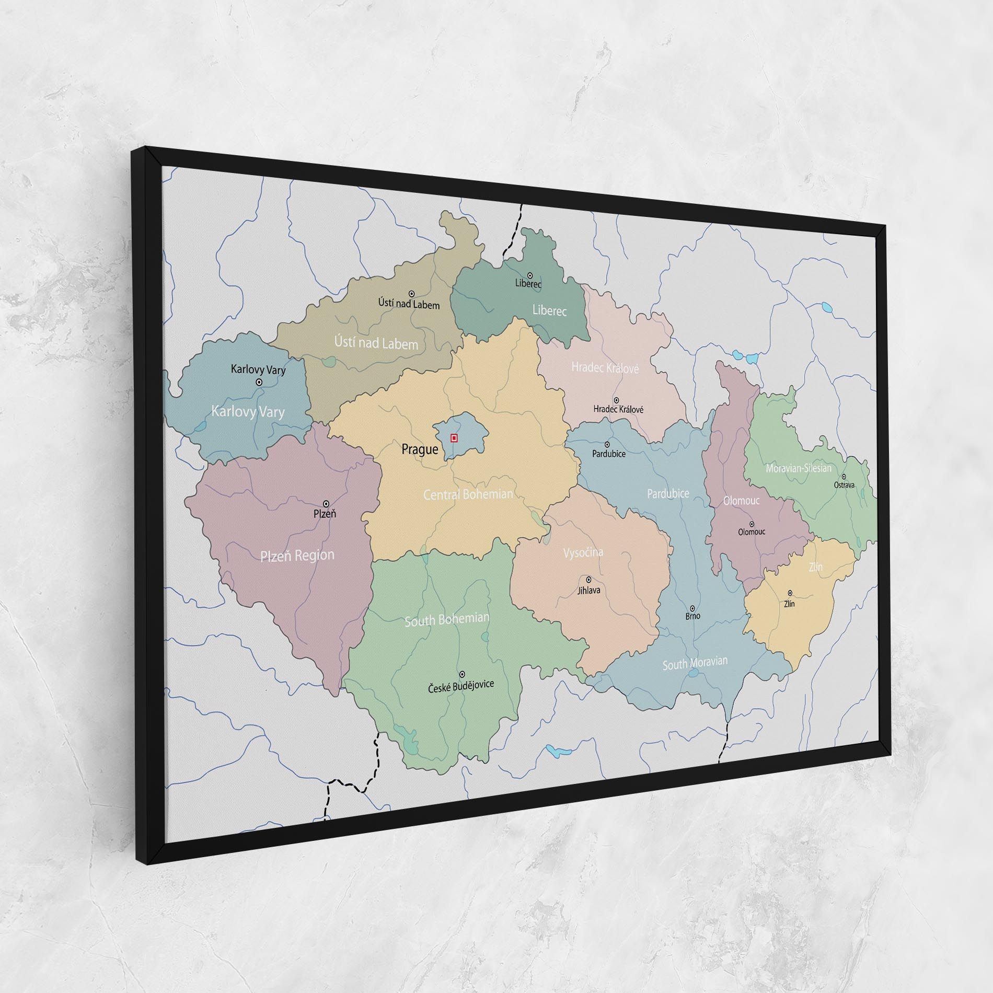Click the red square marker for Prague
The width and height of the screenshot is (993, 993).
tap(454, 438)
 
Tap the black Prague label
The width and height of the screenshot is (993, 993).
tap(420, 449)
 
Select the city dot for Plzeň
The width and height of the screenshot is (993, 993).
tap(326, 504)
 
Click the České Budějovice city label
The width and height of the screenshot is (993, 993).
tap(460, 685)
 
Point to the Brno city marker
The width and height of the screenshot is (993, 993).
tap(692, 608)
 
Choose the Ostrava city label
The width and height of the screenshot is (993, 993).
tap(844, 484)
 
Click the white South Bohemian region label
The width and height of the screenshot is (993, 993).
tap(447, 620)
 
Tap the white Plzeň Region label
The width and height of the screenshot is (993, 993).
tap(297, 556)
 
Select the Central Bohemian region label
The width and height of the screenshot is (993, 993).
tap(468, 494)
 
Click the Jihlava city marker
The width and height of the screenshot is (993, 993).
tap(588, 580)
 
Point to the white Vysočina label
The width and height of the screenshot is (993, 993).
tap(583, 552)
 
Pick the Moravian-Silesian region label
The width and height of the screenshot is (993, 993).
tap(798, 468)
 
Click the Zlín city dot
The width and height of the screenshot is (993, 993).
tap(790, 593)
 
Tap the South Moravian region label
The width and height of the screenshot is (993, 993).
tap(695, 663)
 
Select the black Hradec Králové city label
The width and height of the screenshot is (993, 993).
tap(618, 409)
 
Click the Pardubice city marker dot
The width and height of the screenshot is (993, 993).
tap(607, 445)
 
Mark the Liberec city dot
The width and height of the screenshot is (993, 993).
tap(530, 275)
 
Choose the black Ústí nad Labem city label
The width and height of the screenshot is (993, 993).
tap(409, 304)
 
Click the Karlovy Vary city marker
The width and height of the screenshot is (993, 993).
tap(259, 382)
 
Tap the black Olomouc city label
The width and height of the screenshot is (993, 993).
tap(752, 532)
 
